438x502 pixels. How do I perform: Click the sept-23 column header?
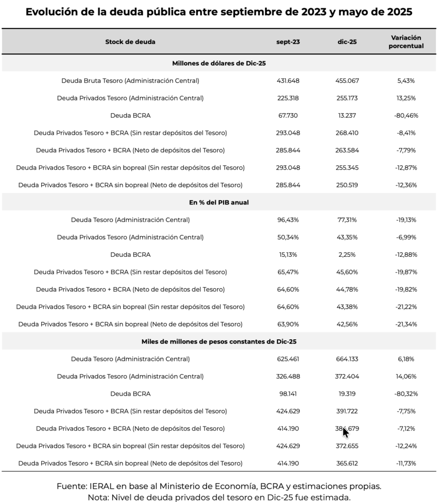(x=288, y=42)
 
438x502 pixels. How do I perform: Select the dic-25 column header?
(x=347, y=42)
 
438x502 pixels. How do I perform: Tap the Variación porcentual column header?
(x=407, y=42)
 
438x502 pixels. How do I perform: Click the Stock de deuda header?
(x=130, y=42)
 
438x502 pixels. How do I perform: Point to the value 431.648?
(x=288, y=80)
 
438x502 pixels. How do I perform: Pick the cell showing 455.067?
(x=347, y=80)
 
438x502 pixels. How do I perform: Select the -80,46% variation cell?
(x=406, y=115)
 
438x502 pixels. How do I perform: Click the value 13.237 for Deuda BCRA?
(x=347, y=115)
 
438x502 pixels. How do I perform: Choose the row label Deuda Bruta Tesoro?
(x=130, y=80)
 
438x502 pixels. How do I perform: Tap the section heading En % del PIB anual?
(x=219, y=202)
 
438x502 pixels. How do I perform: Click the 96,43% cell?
(x=288, y=220)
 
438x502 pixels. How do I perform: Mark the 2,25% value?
(x=347, y=254)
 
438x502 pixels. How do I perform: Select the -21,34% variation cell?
(x=406, y=324)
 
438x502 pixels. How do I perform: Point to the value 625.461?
(x=288, y=359)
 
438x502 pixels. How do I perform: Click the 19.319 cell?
(x=347, y=394)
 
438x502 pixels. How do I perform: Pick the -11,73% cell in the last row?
(x=406, y=463)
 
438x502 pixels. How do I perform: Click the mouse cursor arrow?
(x=346, y=432)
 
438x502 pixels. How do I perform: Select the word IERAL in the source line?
(x=102, y=486)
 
